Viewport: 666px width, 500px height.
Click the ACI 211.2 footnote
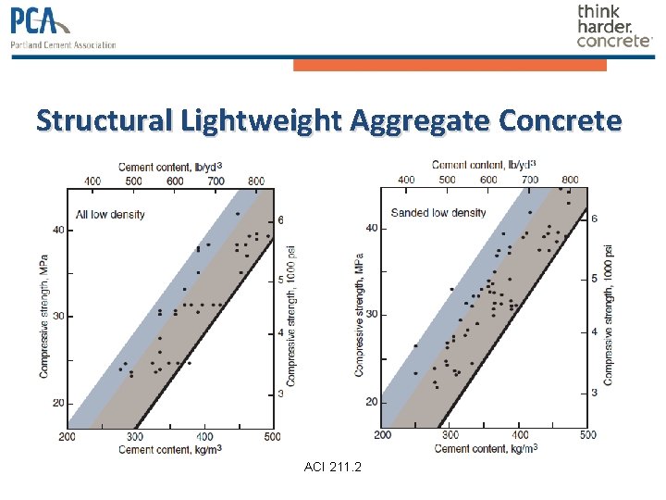point(333,466)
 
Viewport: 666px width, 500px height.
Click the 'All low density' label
point(110,215)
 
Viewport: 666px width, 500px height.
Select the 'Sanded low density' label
point(438,213)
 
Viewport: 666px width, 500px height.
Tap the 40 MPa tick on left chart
point(57,231)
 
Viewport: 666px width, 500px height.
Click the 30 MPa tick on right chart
point(371,315)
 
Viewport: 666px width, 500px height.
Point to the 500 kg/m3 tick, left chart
point(271,436)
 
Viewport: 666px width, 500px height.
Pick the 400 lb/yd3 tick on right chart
point(405,179)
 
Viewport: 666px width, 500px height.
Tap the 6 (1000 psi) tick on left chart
point(281,219)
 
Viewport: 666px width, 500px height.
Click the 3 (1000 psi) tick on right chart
point(594,393)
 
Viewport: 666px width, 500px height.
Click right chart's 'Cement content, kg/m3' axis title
point(486,448)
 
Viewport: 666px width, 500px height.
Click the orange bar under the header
point(450,65)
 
